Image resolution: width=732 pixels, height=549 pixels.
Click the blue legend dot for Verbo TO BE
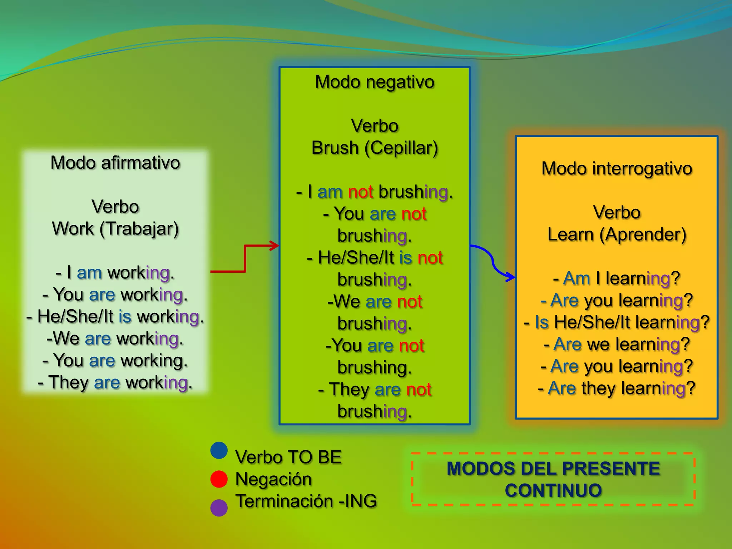coord(219,450)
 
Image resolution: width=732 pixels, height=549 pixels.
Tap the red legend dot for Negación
coord(219,479)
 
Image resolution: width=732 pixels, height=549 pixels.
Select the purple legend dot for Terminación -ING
coord(219,508)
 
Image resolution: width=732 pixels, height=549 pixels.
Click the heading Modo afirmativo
coord(115,163)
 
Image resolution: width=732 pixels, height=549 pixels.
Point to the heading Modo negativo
coord(375,82)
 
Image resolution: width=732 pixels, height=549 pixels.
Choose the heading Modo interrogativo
coord(617,169)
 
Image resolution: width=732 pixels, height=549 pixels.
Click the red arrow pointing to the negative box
coord(245,258)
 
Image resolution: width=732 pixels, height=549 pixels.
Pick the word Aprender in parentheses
coord(643,235)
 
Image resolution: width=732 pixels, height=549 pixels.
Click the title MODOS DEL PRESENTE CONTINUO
coord(553,479)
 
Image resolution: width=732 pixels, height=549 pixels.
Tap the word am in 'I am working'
coord(89,273)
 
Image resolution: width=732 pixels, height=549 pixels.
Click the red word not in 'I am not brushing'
coord(361,192)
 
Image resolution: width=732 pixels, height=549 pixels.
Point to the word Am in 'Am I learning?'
coord(576,278)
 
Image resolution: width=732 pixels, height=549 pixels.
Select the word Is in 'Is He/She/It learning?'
coord(541,322)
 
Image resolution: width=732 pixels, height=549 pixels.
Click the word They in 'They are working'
coord(69,382)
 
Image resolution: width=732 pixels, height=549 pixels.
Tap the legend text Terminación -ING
coord(306,501)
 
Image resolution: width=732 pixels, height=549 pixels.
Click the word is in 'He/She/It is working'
coord(125,317)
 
